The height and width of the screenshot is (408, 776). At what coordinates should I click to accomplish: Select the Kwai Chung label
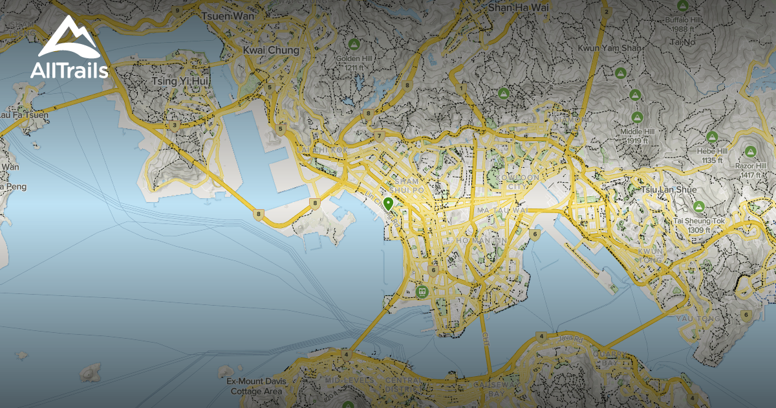tap(271, 50)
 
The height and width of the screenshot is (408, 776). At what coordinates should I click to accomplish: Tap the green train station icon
tap(422, 291)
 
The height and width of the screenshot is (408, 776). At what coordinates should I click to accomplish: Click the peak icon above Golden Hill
tap(353, 45)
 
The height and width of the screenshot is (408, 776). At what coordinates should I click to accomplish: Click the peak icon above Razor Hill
tap(750, 152)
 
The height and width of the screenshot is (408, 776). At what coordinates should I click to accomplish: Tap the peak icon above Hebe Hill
tap(712, 137)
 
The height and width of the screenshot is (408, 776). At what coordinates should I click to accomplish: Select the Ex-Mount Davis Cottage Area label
tap(254, 386)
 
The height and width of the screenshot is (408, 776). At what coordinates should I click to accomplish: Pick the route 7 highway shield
tap(379, 137)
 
